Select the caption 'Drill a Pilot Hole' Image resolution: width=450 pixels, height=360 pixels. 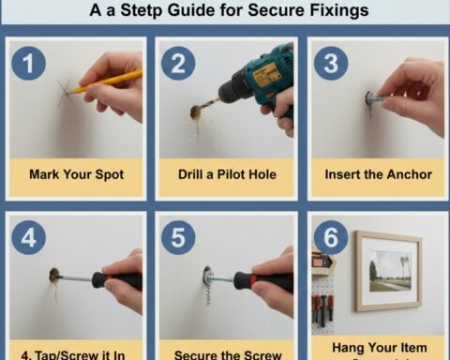[225, 174]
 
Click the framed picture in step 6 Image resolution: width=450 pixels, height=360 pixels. [387, 271]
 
